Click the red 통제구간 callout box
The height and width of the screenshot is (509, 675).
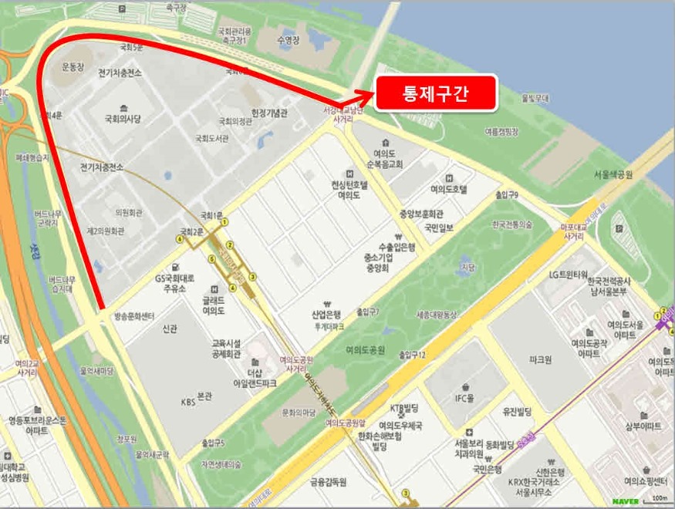tap(436, 93)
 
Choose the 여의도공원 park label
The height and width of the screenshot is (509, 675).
tap(365, 349)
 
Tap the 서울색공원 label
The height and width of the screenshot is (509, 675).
tap(613, 175)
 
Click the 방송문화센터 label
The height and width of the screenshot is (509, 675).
tap(134, 316)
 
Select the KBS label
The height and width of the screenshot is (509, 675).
tap(188, 402)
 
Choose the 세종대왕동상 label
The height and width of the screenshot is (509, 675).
tap(437, 315)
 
